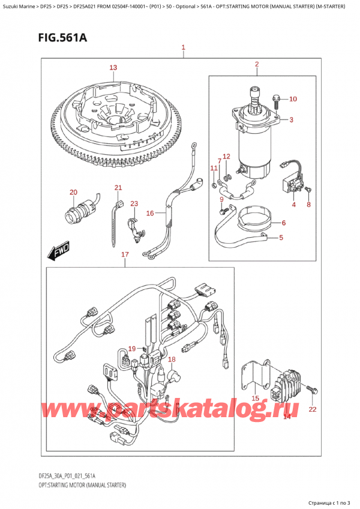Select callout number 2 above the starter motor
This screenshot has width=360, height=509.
[256, 64]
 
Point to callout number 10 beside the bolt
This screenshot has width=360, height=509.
[293, 99]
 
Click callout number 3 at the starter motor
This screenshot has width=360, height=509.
[290, 120]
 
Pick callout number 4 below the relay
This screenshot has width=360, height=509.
[294, 205]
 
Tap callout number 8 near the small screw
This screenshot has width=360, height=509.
[309, 205]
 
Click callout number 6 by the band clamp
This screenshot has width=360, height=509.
[284, 223]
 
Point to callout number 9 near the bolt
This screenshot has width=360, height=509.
[221, 199]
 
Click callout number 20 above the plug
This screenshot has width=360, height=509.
[74, 192]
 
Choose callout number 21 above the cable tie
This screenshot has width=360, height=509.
[118, 188]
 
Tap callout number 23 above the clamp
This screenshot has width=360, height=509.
[134, 204]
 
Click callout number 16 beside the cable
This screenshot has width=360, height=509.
[150, 213]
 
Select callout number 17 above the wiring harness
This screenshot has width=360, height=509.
[124, 254]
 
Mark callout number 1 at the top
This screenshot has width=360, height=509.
[183, 47]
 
